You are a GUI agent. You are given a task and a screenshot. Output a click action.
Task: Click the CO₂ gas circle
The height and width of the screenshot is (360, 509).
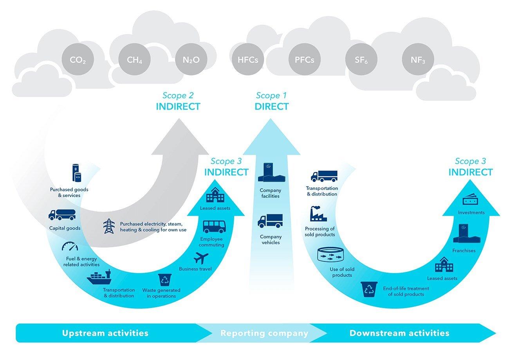(x=78, y=60)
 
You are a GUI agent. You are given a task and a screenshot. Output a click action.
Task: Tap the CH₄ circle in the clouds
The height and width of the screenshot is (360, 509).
(x=134, y=60)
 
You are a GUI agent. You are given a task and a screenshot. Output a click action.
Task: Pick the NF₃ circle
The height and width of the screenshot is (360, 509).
(x=418, y=60)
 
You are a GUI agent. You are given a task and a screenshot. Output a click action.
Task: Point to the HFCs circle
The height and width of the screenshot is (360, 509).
(x=248, y=60)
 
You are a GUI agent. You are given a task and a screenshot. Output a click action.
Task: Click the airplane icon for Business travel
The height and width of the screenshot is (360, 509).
(x=200, y=259)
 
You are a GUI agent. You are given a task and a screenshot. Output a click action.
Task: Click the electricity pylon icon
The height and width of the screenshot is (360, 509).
(x=108, y=226)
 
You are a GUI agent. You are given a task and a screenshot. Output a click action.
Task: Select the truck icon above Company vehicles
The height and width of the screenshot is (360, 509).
(x=269, y=221)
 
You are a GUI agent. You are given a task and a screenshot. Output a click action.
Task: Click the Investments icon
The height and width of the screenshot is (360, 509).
(x=471, y=200)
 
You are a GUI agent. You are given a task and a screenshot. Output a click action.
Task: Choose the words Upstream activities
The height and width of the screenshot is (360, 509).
(x=105, y=333)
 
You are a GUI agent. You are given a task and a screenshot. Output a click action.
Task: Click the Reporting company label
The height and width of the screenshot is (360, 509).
(x=264, y=333)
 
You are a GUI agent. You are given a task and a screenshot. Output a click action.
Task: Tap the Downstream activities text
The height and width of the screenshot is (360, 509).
(x=399, y=333)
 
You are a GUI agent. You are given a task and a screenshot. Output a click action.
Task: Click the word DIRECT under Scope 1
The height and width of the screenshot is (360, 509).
(x=271, y=106)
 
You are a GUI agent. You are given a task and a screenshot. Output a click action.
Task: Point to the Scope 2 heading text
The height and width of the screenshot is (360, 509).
(x=178, y=95)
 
